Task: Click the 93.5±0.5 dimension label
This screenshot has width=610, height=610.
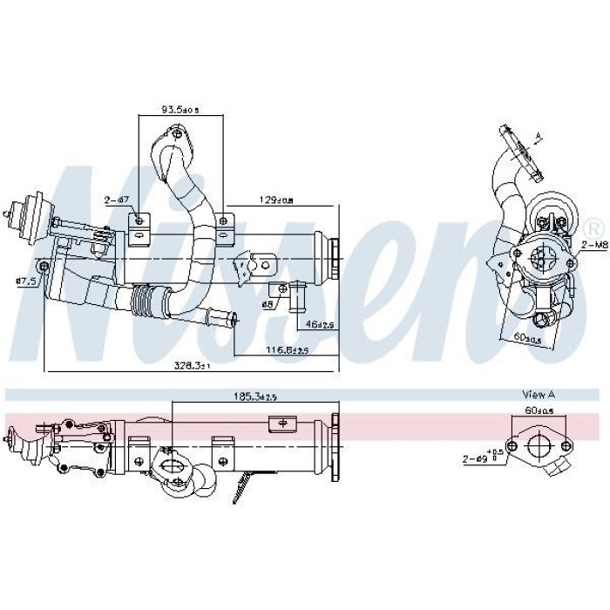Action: click(x=180, y=110)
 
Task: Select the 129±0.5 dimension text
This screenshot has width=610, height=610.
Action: click(x=276, y=201)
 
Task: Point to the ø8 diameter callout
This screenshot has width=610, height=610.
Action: click(x=268, y=303)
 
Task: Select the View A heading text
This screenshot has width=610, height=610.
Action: click(x=539, y=394)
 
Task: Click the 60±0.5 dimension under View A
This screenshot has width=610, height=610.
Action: click(x=539, y=410)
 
